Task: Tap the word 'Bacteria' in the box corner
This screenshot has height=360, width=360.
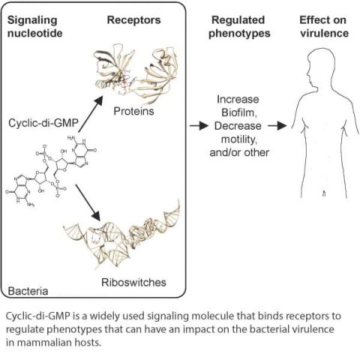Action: click(26, 289)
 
